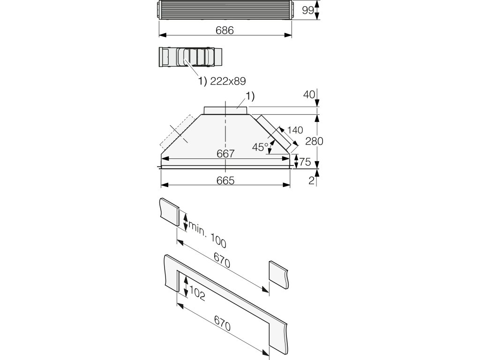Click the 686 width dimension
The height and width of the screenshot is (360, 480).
point(225,30)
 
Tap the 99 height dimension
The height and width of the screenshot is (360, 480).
point(307,10)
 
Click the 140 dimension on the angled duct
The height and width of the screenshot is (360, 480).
point(296,130)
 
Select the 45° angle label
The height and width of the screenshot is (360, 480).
point(260,147)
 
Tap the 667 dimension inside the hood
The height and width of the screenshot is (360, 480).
point(225,154)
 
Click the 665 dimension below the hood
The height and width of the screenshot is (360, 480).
point(225,180)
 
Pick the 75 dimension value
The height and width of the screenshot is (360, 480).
point(305,162)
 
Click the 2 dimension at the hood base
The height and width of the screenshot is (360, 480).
point(311,181)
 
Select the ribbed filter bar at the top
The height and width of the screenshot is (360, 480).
point(225,9)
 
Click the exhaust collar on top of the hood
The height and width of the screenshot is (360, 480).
point(226,110)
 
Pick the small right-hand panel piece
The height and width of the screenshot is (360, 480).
point(280,275)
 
